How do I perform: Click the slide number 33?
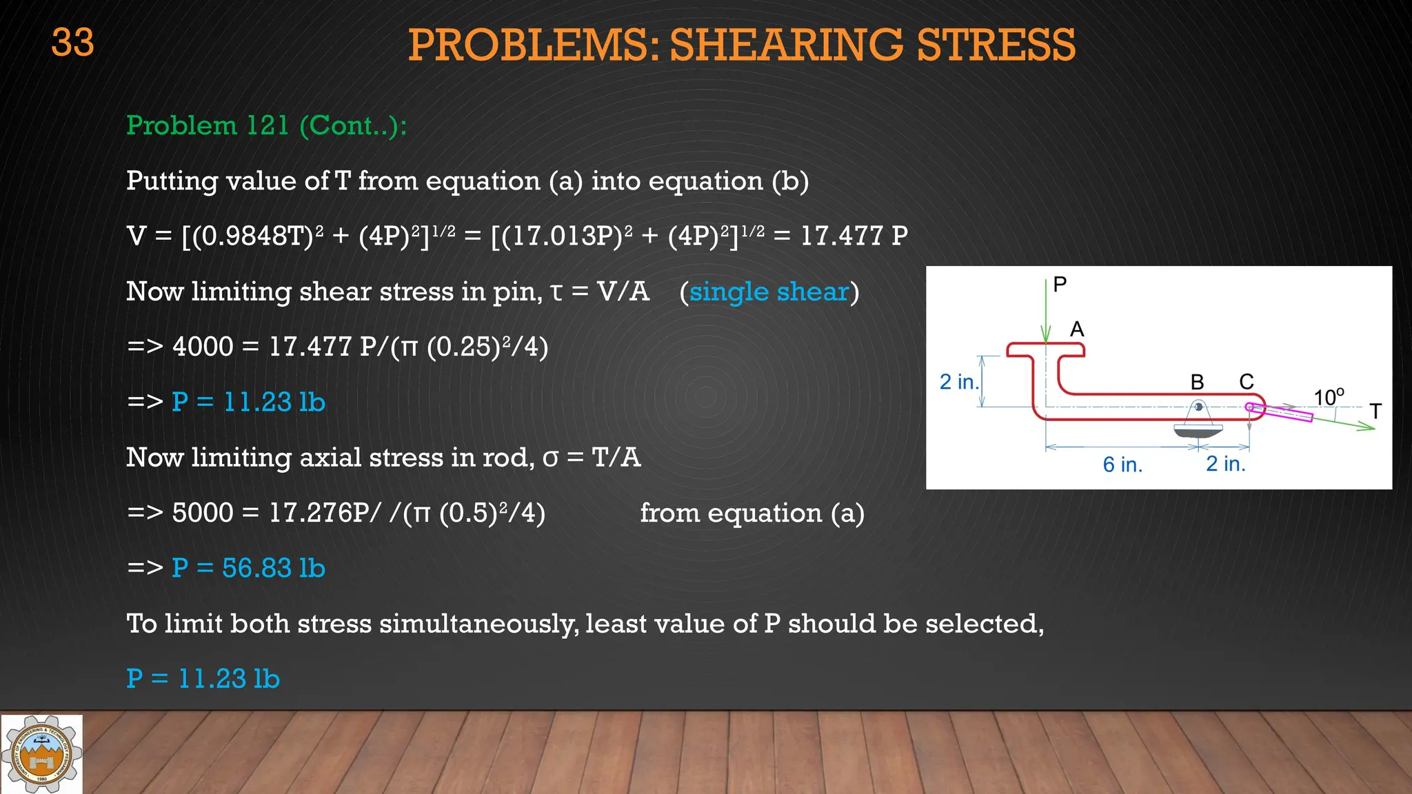tap(72, 43)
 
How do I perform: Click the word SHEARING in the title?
tap(785, 45)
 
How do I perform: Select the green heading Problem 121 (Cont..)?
tap(266, 125)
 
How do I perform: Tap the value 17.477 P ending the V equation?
tap(854, 236)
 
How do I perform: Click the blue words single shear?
tap(769, 292)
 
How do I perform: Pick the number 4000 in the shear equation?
tap(203, 347)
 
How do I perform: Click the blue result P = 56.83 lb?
tap(248, 568)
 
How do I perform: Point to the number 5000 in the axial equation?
tap(203, 513)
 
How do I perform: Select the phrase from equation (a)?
tap(752, 513)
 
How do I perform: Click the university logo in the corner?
tap(41, 753)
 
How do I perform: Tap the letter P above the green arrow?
tap(1060, 284)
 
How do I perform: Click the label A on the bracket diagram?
tap(1077, 329)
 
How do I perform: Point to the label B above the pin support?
tap(1197, 382)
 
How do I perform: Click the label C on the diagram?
tap(1246, 382)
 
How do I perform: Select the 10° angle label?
tap(1328, 397)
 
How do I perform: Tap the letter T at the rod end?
tap(1375, 411)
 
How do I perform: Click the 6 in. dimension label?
tap(1122, 465)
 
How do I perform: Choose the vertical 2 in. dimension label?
tap(959, 382)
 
